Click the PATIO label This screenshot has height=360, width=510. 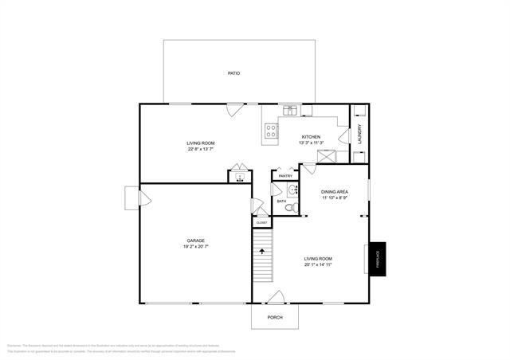[x=233, y=73]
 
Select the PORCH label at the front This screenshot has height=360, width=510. [x=275, y=317]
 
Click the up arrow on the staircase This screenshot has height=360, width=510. [x=262, y=251]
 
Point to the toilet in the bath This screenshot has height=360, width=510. [x=292, y=207]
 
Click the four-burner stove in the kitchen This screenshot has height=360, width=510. [x=271, y=133]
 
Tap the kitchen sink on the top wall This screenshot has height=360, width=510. [x=292, y=110]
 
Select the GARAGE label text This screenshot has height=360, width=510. [x=197, y=240]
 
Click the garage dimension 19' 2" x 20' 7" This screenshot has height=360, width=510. [x=197, y=247]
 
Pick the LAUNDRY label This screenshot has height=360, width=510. [x=360, y=132]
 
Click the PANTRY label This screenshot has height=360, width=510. [x=285, y=176]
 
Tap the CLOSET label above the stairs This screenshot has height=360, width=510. [x=261, y=222]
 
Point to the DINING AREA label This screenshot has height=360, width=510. [x=334, y=192]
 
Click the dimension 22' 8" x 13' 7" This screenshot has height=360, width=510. [x=201, y=149]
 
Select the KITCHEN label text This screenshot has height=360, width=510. [x=310, y=137]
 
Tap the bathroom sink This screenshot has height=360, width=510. [x=292, y=190]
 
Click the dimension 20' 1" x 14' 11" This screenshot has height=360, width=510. [x=318, y=264]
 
